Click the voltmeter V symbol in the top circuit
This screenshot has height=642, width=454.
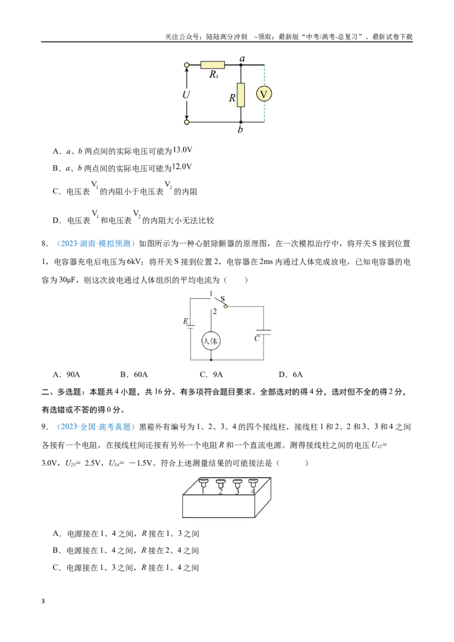point(264,94)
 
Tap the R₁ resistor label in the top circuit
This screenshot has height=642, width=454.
point(214,74)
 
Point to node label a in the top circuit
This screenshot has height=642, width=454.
point(242,58)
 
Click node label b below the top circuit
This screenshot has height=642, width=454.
point(240,129)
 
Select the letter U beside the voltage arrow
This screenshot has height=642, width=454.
point(186,95)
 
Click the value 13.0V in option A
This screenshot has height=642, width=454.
point(182,150)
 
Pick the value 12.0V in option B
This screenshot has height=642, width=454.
point(182,167)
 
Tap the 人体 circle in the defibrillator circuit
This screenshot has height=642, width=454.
point(211,341)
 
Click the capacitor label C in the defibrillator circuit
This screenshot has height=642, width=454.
point(257,339)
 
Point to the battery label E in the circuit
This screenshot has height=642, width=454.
point(186,322)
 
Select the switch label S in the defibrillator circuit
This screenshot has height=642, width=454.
point(223,299)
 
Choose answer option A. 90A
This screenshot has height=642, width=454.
point(66,375)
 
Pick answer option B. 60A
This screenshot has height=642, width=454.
point(134,375)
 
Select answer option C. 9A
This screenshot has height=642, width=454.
point(211,375)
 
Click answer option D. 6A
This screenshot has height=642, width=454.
point(291,375)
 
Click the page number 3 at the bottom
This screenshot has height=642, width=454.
point(43,601)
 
